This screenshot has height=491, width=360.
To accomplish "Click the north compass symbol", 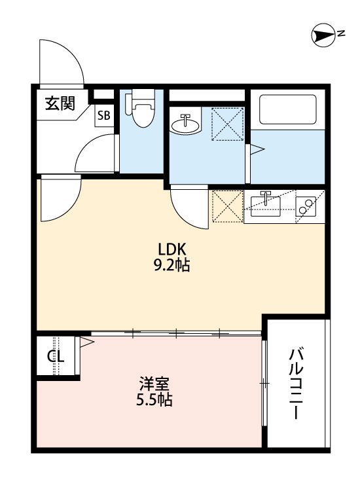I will click(323, 36).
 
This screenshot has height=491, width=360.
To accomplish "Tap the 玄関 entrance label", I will click(60, 103).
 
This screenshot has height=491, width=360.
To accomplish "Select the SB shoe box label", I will click(104, 116).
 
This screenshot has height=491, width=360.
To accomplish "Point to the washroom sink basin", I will click(187, 124).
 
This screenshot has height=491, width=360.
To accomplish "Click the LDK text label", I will click(173, 249).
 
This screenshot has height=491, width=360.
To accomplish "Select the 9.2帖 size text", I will click(173, 266).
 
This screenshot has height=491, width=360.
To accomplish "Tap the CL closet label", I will click(56, 357).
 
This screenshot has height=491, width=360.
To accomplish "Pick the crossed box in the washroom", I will click(228, 122).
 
